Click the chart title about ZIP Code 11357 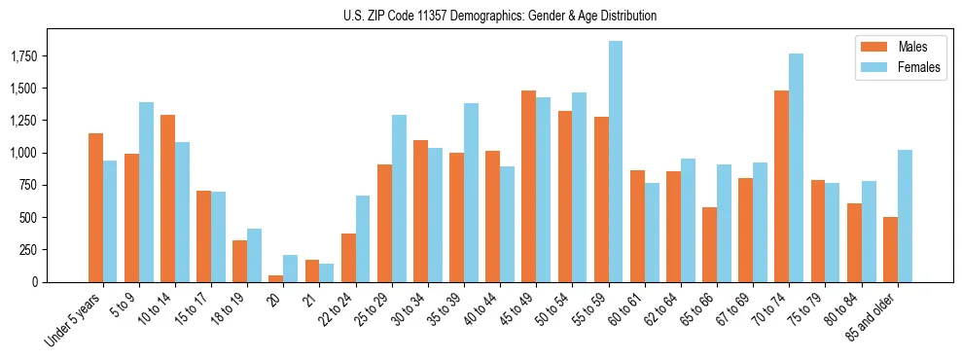pyautogui.click(x=500, y=16)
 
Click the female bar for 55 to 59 pyautogui.click(x=616, y=162)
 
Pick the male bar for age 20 pyautogui.click(x=276, y=278)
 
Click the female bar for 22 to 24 pyautogui.click(x=363, y=238)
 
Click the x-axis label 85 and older pyautogui.click(x=880, y=317)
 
